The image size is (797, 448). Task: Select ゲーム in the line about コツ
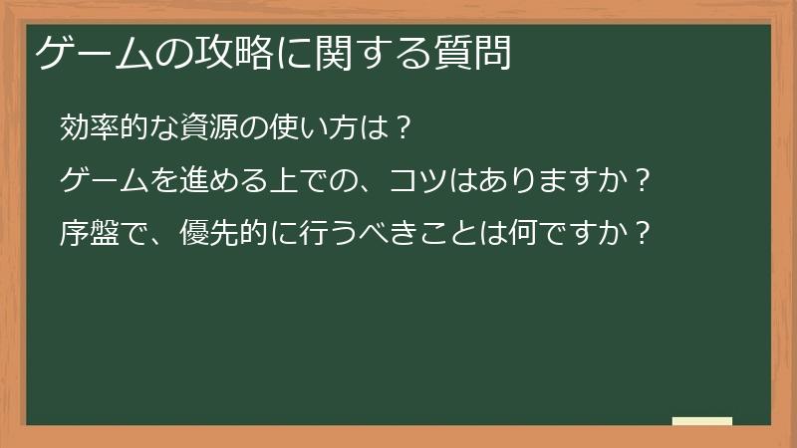point(107,180)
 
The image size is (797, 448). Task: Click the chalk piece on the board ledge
point(701,421)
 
